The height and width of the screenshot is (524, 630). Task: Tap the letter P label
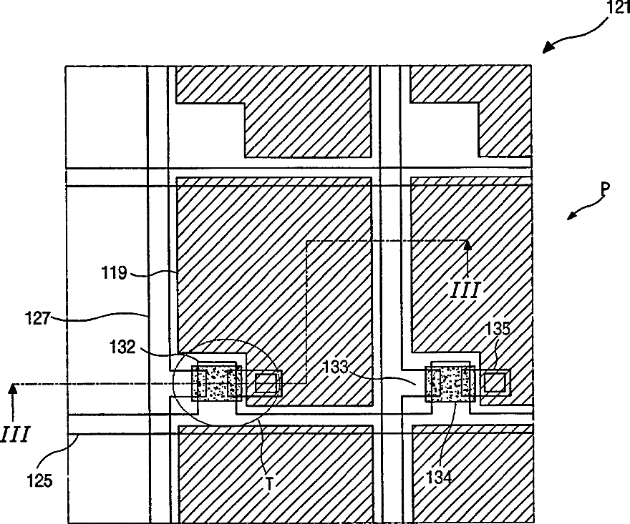click(x=604, y=190)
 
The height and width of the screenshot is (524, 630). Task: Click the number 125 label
click(x=39, y=480)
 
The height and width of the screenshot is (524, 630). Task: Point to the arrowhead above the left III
click(x=11, y=389)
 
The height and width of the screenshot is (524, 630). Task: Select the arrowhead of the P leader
click(x=571, y=217)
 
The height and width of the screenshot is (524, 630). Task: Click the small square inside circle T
click(x=266, y=383)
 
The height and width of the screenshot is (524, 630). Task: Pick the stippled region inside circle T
click(x=217, y=382)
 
